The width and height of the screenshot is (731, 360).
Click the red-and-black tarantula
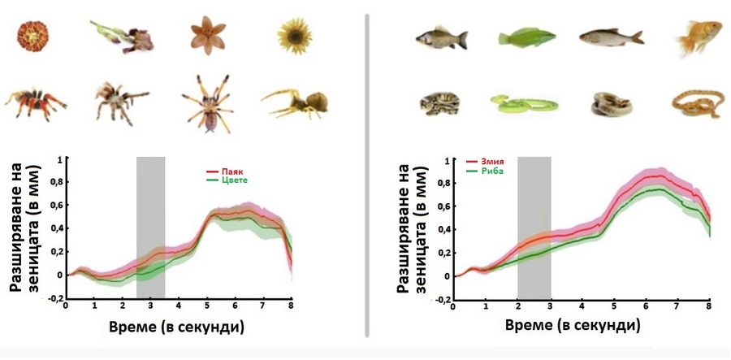(x=34, y=102)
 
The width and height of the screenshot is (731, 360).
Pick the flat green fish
(x=526, y=36)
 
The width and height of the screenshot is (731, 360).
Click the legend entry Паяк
(x=229, y=172)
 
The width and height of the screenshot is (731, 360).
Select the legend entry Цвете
(x=231, y=180)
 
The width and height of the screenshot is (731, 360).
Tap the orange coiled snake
(x=695, y=105)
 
